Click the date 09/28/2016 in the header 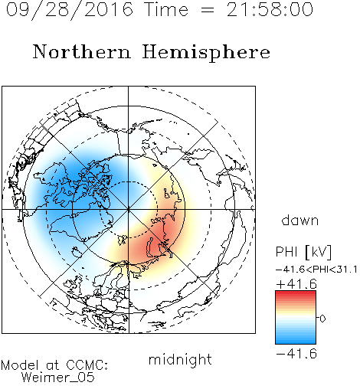tap(70, 9)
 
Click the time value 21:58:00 tap(270, 9)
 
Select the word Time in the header tap(166, 9)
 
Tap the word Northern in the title tap(82, 51)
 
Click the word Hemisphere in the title tap(206, 53)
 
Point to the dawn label tap(300, 220)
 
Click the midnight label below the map tap(180, 359)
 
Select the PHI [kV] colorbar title tap(303, 252)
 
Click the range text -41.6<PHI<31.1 tap(316, 270)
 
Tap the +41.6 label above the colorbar tap(296, 284)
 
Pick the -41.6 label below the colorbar tap(296, 354)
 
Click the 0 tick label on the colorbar tap(322, 319)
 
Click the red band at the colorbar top tap(296, 294)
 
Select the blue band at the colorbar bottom tap(296, 341)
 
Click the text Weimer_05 tap(58, 378)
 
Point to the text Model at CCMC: tap(54, 365)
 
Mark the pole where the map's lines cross tap(129, 210)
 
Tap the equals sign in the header tap(208, 10)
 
